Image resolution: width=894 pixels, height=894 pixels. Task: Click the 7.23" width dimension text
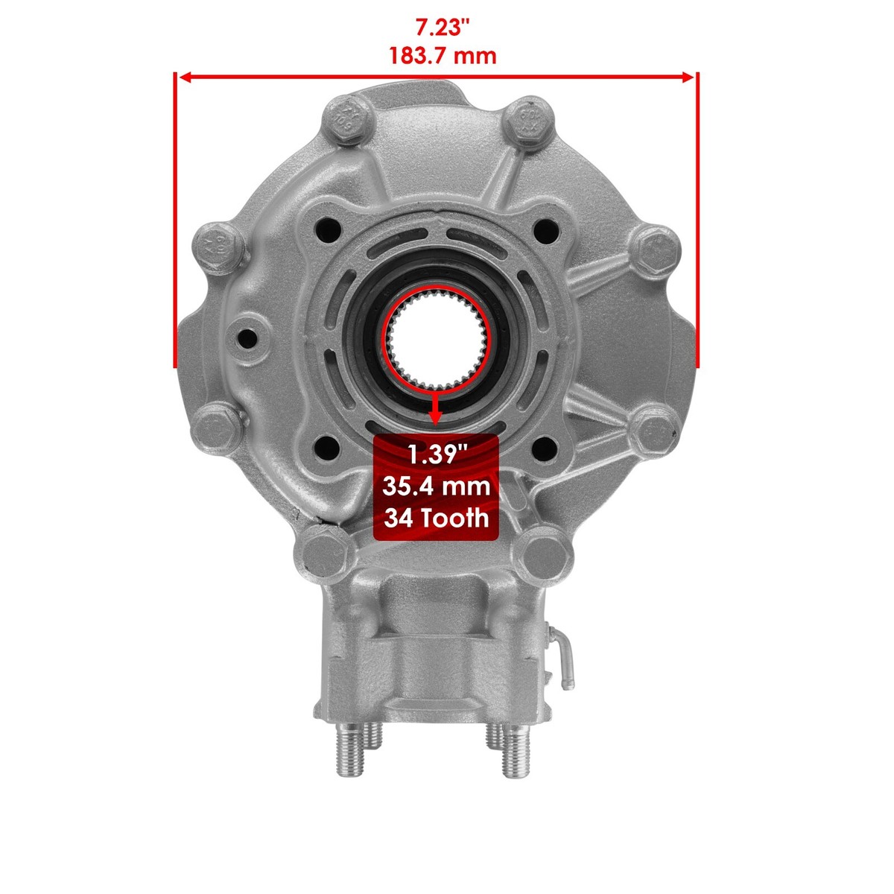[x=443, y=28]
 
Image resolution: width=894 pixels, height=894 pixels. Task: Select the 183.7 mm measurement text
[x=443, y=56]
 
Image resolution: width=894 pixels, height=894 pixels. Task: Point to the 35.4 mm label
[x=436, y=486]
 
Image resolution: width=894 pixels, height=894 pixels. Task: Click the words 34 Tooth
[x=436, y=518]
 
